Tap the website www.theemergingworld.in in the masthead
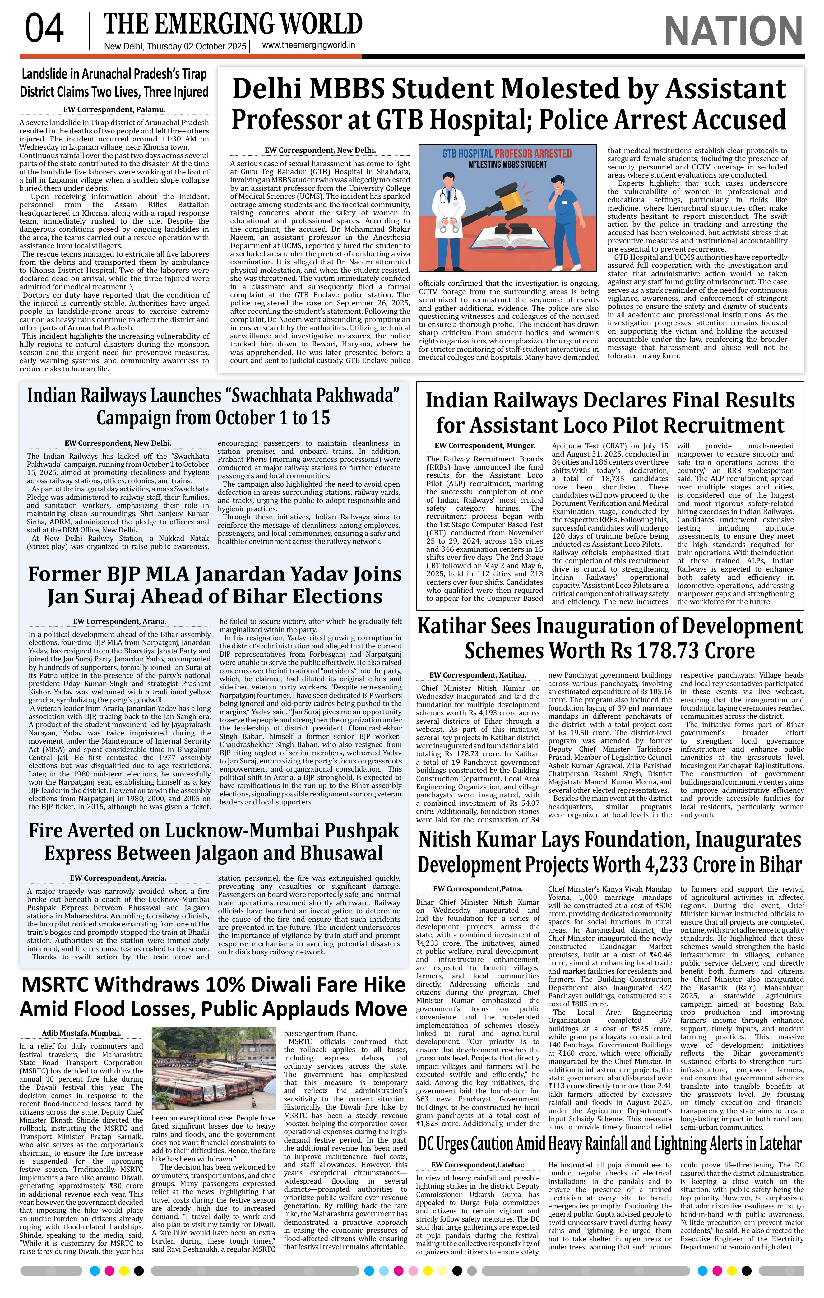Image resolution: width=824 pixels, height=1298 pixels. coord(308,46)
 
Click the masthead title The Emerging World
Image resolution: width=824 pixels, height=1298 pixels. coord(233,24)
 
